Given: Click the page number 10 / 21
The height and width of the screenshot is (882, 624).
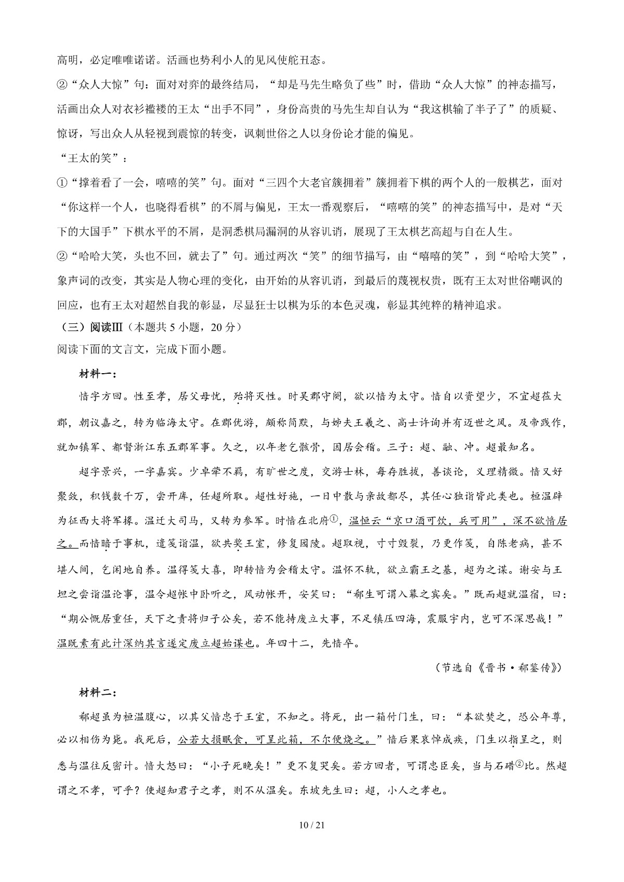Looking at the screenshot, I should [312, 825].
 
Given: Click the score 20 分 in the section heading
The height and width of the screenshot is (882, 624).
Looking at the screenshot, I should [227, 328].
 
